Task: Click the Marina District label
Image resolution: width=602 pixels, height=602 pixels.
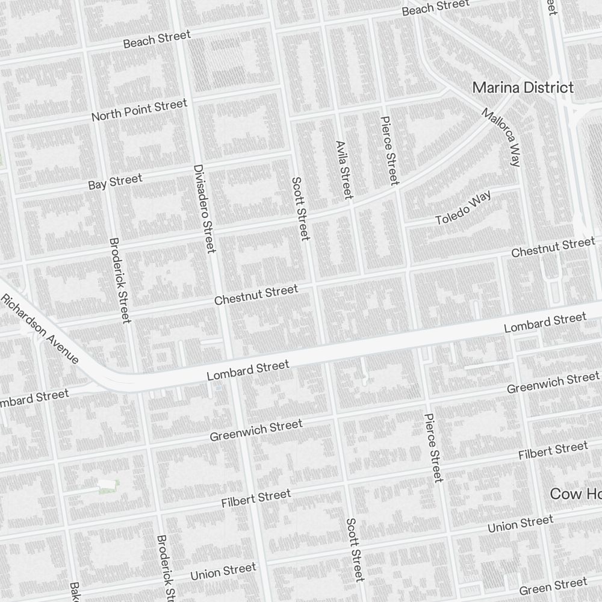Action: tap(523, 87)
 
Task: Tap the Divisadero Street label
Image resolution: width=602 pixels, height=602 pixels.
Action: tap(204, 208)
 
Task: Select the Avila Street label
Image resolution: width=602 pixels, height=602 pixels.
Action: tap(344, 170)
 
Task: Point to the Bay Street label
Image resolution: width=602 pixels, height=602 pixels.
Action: tap(115, 181)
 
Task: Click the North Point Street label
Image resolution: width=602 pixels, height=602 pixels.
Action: tap(139, 110)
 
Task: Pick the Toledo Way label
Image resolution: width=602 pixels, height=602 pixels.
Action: tap(464, 208)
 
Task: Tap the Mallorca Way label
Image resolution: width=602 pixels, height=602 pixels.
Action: tap(501, 137)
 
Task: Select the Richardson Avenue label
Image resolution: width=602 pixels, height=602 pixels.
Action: tap(40, 329)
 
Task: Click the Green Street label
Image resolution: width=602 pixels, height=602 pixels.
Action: tap(553, 586)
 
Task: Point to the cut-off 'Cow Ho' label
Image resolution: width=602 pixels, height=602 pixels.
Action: tap(576, 494)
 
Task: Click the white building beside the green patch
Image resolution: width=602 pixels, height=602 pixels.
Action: tap(107, 484)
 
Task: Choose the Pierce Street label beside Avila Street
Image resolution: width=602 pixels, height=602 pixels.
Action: tap(389, 150)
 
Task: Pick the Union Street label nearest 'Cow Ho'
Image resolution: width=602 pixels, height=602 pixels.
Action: tap(520, 524)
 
